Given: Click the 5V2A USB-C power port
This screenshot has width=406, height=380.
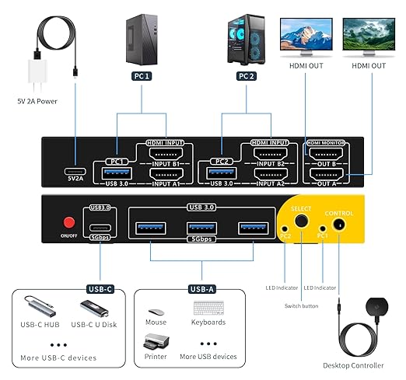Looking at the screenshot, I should point(75,173).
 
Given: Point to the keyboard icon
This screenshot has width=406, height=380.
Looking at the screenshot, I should point(208,309).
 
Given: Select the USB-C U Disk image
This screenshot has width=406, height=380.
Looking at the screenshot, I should point(94,309).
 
